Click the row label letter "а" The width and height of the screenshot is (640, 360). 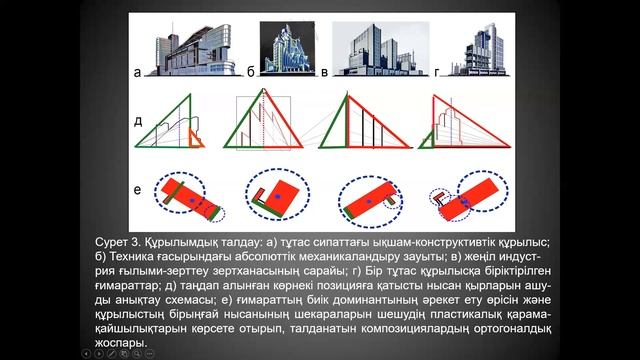tap(138, 73)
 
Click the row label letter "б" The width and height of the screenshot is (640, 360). tap(251, 71)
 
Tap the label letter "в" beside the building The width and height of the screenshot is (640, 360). tap(324, 73)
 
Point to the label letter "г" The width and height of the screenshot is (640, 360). tap(437, 73)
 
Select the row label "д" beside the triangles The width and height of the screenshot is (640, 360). tap(138, 121)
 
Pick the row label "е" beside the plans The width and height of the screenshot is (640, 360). tap(138, 190)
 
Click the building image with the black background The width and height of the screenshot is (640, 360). tap(287, 48)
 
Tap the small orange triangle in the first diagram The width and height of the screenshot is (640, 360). tap(195, 138)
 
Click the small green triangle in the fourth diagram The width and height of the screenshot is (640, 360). tap(427, 141)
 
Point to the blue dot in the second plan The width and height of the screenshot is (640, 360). tap(278, 196)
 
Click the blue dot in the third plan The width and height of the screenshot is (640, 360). tap(369, 201)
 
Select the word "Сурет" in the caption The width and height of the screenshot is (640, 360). tap(111, 242)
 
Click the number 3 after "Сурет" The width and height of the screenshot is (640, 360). tap(135, 242)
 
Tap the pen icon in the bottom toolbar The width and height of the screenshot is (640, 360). tap(111, 354)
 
